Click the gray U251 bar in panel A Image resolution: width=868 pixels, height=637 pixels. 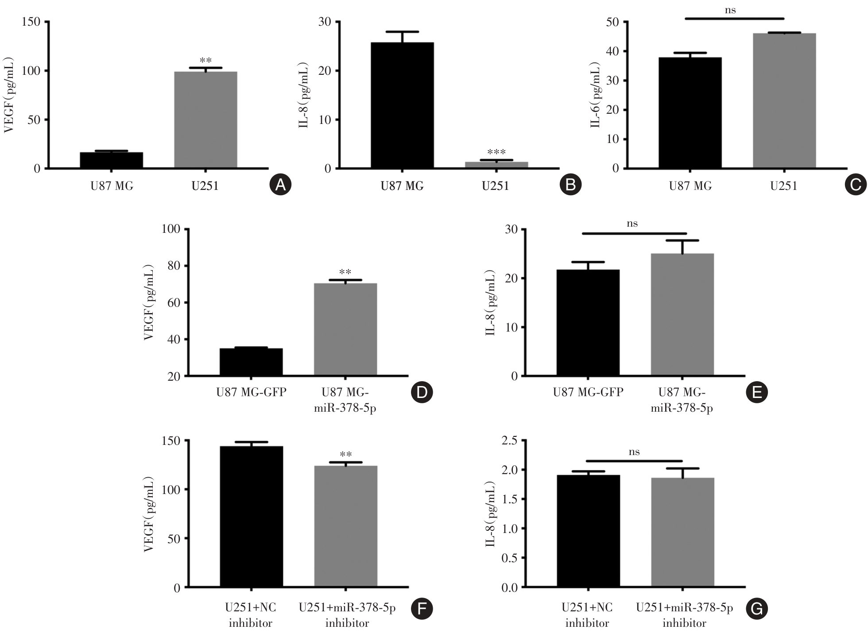[205, 120]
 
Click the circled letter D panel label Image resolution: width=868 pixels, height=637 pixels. [422, 392]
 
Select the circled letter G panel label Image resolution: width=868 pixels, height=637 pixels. [756, 609]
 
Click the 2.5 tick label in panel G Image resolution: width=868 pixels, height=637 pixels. [509, 440]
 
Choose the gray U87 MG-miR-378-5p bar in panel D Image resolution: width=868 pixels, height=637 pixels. [345, 329]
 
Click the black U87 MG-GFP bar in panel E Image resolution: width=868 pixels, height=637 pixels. [588, 323]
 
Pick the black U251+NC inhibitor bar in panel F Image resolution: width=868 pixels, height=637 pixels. [251, 517]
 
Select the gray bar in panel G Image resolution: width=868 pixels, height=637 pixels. [682, 533]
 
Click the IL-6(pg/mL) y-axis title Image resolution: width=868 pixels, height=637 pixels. [596, 95]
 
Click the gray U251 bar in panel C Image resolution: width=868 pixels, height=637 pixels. [784, 101]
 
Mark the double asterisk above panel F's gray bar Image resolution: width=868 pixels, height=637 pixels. [346, 455]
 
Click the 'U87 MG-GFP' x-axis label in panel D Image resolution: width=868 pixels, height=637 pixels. [251, 392]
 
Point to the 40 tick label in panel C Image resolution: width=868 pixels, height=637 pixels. [612, 51]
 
